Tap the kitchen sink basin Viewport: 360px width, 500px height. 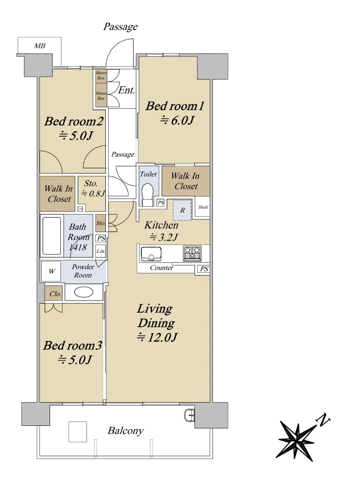pos(151,254)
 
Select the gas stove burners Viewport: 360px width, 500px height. pos(192,253)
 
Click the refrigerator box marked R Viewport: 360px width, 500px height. pos(182,210)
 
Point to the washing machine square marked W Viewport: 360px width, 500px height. pos(51,271)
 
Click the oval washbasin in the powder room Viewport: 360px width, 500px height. pos(83,292)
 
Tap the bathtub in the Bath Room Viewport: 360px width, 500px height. pos(52,236)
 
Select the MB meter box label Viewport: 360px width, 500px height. pos(40,46)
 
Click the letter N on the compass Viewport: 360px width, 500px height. pos(323,420)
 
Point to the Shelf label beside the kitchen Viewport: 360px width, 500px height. pos(203,207)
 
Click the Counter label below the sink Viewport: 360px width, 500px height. pos(162,267)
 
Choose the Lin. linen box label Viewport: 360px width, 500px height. pos(101,251)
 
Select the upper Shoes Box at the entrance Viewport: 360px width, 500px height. pos(101,75)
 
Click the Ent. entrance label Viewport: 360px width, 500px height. pos(127,90)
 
